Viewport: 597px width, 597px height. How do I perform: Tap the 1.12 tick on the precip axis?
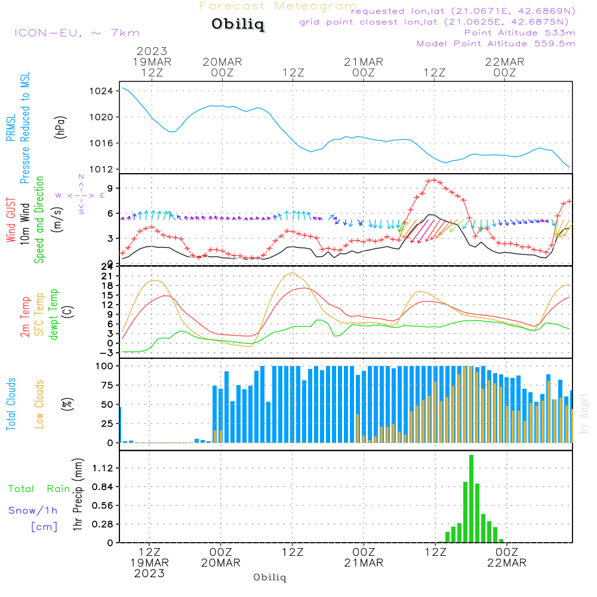(x=103, y=468)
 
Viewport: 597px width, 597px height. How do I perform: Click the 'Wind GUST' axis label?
(x=11, y=221)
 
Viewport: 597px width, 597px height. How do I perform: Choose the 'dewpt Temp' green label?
(x=54, y=315)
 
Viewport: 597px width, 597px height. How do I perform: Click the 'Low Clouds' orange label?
(x=39, y=404)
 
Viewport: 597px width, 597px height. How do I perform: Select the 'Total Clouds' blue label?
(x=11, y=404)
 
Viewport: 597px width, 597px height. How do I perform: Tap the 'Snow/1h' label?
(x=33, y=510)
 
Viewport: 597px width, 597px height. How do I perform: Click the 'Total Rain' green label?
(x=39, y=489)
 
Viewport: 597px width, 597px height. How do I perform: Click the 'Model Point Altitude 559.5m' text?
(x=496, y=44)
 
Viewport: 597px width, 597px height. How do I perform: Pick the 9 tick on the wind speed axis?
(x=109, y=188)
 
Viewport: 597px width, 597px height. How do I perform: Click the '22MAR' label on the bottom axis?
(x=506, y=563)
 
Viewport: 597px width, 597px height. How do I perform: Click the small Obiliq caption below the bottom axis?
(x=270, y=578)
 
